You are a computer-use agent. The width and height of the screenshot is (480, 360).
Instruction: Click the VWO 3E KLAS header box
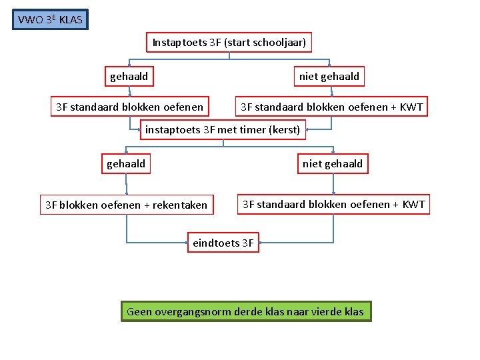click(51, 19)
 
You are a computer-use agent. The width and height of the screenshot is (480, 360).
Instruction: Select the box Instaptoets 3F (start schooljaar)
click(229, 43)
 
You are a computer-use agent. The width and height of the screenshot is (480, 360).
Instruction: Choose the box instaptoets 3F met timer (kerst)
click(223, 129)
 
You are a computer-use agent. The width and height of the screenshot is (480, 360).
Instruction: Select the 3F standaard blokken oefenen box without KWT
click(129, 107)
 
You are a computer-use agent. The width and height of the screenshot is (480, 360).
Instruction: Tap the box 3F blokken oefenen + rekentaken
click(126, 205)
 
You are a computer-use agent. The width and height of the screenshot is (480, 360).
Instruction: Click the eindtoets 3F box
click(223, 243)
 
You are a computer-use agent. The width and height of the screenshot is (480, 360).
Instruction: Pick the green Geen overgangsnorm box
click(245, 311)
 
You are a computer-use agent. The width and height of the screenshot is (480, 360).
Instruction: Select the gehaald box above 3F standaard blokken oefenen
click(129, 77)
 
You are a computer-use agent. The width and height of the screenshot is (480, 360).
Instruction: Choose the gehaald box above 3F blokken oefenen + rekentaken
click(126, 163)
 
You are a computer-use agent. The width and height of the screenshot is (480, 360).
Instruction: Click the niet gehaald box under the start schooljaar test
click(329, 77)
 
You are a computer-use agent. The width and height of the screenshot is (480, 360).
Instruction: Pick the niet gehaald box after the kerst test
click(333, 163)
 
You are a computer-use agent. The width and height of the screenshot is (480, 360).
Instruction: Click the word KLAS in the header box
click(71, 20)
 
